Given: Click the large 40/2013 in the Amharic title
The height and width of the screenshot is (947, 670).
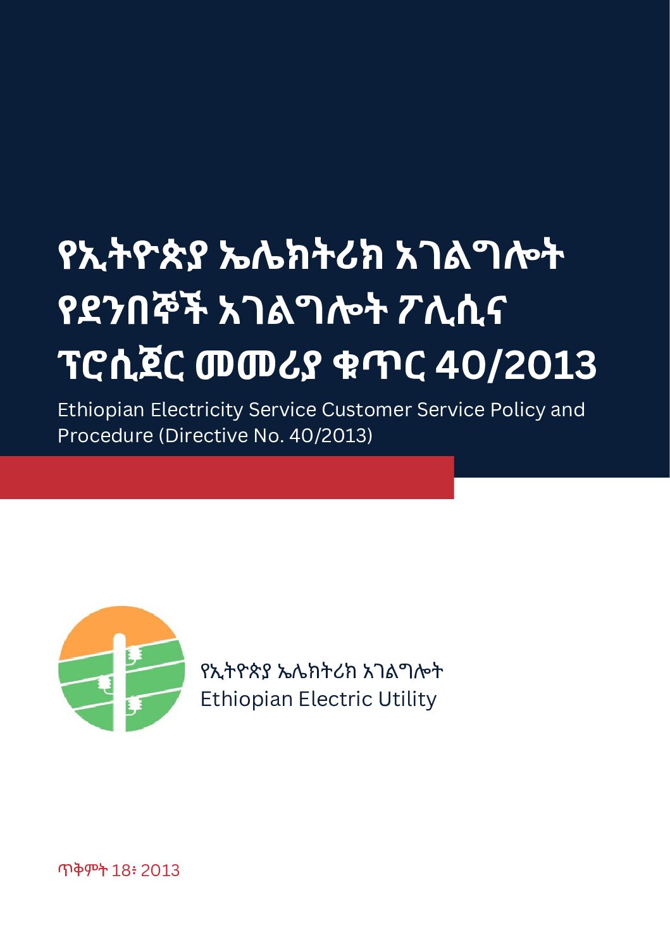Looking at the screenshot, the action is click(x=516, y=365).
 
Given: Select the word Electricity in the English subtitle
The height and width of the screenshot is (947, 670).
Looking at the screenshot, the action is click(x=196, y=410).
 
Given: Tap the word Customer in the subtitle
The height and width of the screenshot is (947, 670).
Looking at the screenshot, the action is click(x=366, y=410).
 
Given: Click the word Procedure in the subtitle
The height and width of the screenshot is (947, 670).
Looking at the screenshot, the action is click(x=105, y=435).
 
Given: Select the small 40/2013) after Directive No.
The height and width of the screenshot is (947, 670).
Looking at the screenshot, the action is click(x=331, y=436).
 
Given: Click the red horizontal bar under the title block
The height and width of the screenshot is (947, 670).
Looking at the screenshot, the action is click(x=227, y=478).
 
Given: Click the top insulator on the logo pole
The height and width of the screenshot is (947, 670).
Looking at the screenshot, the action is click(x=135, y=653).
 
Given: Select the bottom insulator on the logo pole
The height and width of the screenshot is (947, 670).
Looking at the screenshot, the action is click(x=134, y=704).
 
